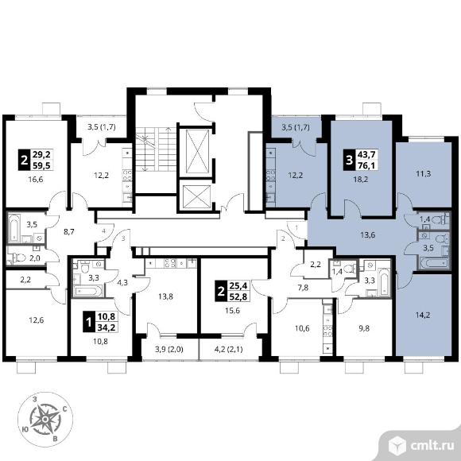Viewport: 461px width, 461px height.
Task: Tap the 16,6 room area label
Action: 36,179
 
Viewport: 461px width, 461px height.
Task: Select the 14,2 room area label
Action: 423,316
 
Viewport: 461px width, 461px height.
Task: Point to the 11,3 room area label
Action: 424,174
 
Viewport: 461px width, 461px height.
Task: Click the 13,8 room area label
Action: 165,296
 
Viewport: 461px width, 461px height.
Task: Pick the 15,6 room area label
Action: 232,310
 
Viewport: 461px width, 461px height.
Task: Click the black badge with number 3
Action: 349,161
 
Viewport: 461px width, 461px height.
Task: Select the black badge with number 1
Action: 88,322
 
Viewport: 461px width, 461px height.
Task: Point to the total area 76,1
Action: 366,165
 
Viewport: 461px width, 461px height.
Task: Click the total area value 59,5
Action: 42,165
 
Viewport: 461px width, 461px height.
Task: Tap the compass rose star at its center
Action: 45,419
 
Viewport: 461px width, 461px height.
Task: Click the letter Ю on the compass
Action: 25,429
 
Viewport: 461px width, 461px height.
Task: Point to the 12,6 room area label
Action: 36,320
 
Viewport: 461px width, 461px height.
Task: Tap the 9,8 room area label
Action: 364,328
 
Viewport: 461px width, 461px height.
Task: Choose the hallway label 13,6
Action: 367,235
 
